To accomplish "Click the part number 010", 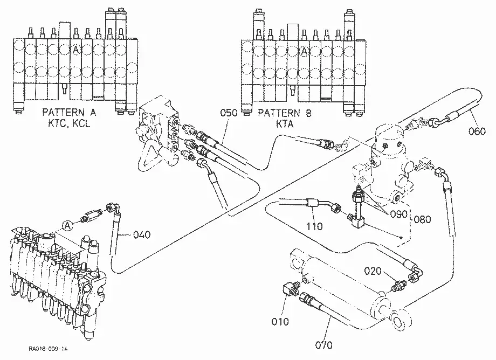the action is [280, 322].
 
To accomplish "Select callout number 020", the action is [373, 271].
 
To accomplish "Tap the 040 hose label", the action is [142, 235].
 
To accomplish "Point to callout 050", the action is [229, 113].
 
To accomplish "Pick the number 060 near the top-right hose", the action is [477, 131].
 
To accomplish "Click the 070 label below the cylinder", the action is [324, 345].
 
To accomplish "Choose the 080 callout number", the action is [423, 219].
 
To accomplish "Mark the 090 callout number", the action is [398, 214].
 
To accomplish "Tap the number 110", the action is [315, 226].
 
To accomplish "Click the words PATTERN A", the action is [69, 112].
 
